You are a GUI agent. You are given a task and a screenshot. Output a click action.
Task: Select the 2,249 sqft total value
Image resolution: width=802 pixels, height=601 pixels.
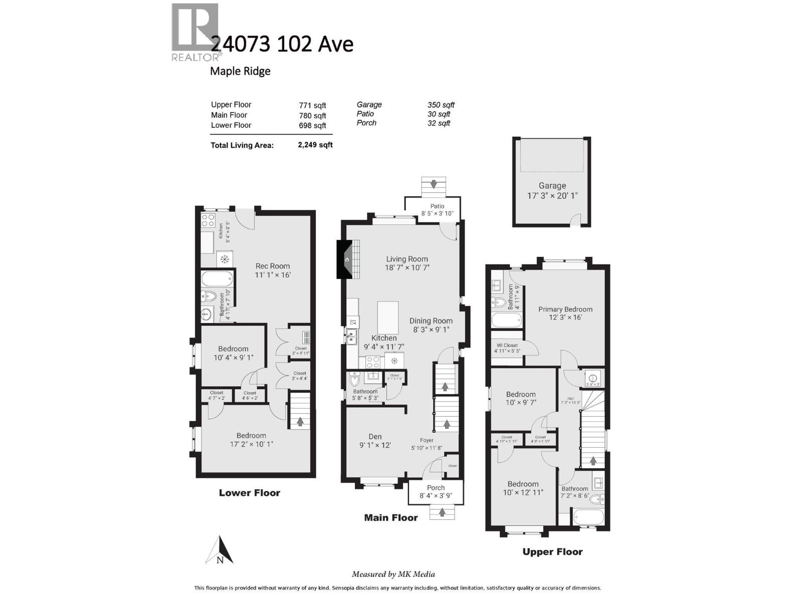point(315,145)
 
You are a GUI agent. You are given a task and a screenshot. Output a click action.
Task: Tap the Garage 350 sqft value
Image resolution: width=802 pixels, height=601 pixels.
point(441,105)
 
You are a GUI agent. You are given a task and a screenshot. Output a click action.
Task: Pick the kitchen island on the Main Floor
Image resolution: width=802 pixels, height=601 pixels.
point(387,317)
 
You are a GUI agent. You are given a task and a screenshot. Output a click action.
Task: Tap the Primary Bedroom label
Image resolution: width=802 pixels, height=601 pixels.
point(565,309)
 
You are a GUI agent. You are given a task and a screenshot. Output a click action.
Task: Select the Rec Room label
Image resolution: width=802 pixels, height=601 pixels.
point(273,266)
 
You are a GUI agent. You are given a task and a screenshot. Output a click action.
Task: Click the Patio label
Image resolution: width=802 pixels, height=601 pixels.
point(437,206)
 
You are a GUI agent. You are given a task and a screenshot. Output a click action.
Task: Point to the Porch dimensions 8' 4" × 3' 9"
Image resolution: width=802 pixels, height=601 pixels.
point(436,496)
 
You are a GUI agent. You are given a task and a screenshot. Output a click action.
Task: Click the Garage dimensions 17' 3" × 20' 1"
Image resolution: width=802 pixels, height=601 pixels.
point(552,195)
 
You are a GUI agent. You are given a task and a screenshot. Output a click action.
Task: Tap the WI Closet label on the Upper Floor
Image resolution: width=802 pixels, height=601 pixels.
point(507,345)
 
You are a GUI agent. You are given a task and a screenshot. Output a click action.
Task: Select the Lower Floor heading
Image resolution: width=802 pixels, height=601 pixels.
point(249,493)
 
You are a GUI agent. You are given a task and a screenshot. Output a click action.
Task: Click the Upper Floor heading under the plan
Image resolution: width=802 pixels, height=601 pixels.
point(552,552)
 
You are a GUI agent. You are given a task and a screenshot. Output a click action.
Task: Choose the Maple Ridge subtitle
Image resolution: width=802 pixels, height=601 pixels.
point(240,71)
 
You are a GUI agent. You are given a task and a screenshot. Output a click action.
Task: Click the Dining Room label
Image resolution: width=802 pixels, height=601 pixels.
point(431,321)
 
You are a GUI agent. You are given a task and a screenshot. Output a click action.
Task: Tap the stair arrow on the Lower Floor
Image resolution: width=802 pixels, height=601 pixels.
point(300,422)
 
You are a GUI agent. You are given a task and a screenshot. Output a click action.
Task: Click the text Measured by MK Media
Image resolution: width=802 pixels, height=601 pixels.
point(393,574)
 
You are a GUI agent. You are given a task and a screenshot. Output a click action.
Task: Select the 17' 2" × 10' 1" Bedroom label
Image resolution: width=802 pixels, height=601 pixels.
point(251,444)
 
